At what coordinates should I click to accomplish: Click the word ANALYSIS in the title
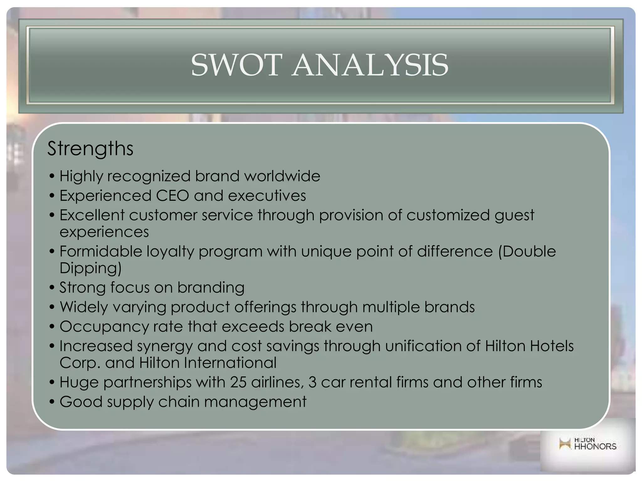(370, 65)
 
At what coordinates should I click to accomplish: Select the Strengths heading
(90, 148)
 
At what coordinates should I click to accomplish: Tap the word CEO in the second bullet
(172, 196)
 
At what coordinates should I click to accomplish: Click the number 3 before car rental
(312, 382)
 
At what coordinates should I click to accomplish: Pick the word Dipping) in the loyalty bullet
(90, 268)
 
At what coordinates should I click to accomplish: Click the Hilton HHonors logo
(587, 444)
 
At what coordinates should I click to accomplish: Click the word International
(230, 363)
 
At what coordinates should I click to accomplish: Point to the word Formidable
(101, 251)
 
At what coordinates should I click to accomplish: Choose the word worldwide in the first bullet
(282, 176)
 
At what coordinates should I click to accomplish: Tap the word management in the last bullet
(255, 402)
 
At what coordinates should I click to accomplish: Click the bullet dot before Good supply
(52, 402)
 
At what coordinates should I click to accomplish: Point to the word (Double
(527, 251)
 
